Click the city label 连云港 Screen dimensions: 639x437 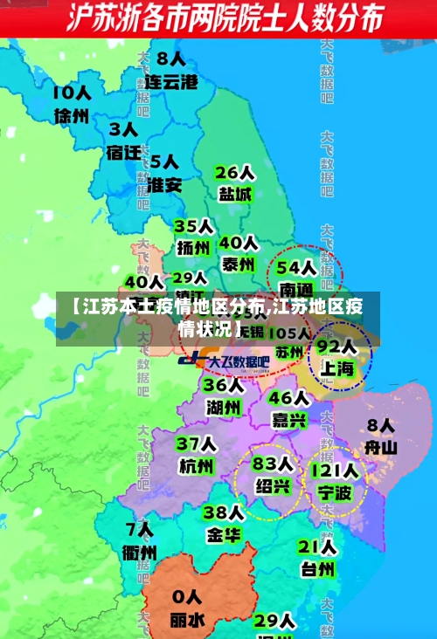171,83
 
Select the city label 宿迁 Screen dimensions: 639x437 123,152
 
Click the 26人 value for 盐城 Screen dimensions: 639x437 234,171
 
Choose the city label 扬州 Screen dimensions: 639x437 193,248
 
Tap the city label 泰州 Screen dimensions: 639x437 238,264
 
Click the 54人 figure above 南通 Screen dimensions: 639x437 295,265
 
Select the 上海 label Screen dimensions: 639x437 336,368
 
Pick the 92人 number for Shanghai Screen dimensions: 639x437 336,346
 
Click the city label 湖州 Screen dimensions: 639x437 224,407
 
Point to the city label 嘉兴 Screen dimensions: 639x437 289,420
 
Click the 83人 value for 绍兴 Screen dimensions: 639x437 273,463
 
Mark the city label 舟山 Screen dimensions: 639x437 381,448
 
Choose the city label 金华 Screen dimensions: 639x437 224,534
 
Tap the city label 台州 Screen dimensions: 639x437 317,570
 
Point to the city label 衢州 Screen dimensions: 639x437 140,552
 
